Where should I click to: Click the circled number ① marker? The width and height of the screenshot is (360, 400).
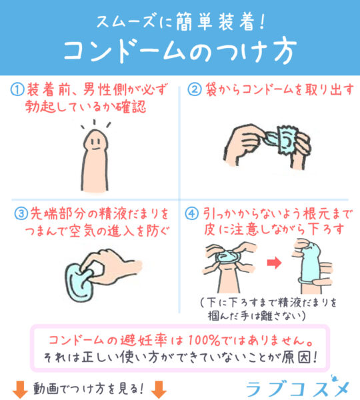[x=17, y=90]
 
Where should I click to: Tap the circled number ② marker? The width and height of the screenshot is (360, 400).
[x=195, y=89]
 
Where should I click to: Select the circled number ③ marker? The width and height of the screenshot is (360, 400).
[x=21, y=213]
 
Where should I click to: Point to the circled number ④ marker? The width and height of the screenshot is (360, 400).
[x=191, y=213]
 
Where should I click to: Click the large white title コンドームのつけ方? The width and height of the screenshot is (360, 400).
[x=180, y=52]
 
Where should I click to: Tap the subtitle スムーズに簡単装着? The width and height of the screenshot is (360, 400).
[x=181, y=22]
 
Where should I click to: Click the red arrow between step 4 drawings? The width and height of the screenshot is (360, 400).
[x=274, y=263]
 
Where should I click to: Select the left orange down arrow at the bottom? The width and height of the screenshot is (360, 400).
[x=20, y=389]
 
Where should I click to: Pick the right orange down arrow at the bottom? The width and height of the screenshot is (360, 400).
[x=159, y=389]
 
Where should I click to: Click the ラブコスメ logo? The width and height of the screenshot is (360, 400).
[x=298, y=387]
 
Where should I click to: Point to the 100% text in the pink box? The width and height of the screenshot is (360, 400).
[x=203, y=340]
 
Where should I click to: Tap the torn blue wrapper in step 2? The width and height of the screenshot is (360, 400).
[x=287, y=140]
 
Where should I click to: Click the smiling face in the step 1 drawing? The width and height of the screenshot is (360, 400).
[x=95, y=143]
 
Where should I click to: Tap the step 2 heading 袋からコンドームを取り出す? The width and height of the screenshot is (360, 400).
[x=279, y=89]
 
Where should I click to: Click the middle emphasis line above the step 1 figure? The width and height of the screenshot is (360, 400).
[x=95, y=122]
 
